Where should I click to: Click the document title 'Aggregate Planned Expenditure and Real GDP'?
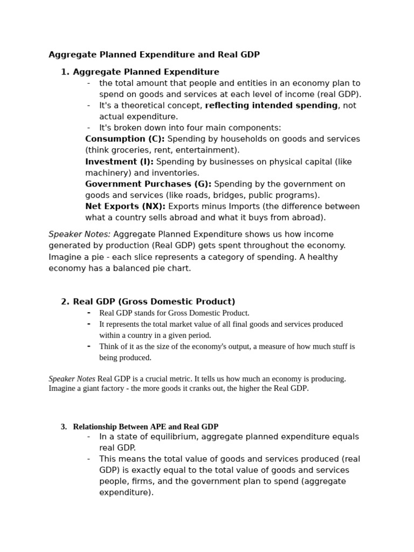coord(154,54)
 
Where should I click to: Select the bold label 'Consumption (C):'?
coord(125,139)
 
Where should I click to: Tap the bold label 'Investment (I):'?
coord(119,162)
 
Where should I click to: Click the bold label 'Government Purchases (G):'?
coord(148,184)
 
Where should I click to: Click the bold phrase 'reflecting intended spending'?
coord(271,106)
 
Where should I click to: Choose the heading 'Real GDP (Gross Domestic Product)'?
coord(154,302)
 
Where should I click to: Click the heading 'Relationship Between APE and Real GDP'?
coord(146,426)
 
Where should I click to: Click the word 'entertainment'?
coord(209,150)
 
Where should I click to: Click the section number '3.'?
coord(64,426)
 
